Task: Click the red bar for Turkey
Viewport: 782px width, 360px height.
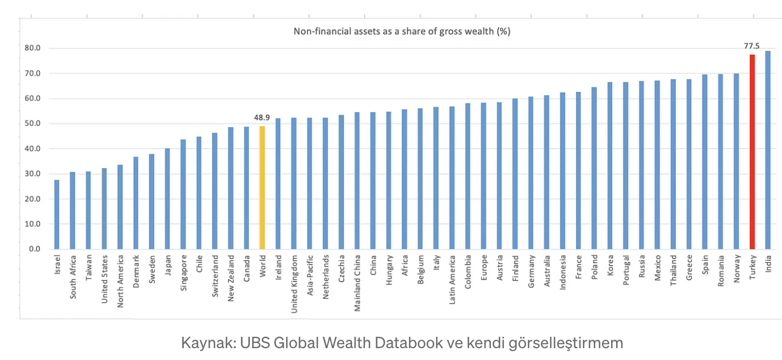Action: (752, 152)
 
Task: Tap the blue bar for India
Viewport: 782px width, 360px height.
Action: (768, 150)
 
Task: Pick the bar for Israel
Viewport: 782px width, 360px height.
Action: (56, 214)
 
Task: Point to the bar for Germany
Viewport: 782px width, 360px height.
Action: (531, 173)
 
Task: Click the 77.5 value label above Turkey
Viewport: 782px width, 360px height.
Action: (751, 46)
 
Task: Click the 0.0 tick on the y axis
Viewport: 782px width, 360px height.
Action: (35, 249)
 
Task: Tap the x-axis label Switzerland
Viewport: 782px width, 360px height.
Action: (215, 273)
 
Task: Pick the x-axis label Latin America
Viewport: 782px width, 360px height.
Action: (452, 274)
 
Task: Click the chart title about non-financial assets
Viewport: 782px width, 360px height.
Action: (402, 32)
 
